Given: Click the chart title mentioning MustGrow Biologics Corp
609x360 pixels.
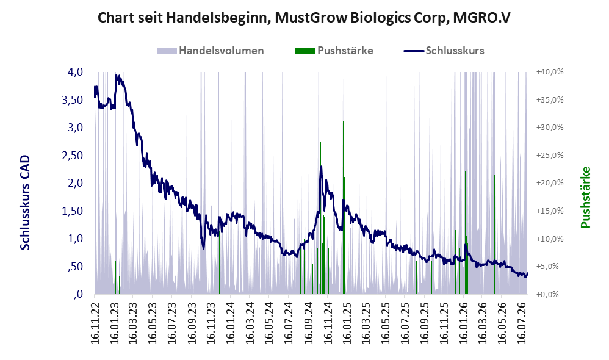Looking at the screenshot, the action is click(304, 18).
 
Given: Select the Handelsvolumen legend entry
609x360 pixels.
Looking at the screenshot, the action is click(211, 51).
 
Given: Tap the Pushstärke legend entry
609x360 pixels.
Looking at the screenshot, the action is click(334, 51).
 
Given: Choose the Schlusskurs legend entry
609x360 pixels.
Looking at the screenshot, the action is click(444, 51).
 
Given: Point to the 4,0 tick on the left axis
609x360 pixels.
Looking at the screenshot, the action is click(75, 72).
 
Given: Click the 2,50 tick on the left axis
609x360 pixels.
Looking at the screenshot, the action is click(73, 156).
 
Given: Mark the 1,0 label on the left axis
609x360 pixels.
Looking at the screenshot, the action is click(75, 239).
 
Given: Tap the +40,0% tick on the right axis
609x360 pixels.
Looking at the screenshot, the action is click(550, 72).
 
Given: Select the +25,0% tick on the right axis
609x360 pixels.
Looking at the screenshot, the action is click(550, 156).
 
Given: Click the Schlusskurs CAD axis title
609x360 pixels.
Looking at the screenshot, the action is click(25, 203).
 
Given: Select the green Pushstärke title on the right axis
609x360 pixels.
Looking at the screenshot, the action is click(585, 197).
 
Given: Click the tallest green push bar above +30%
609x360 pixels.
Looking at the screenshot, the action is click(344, 208).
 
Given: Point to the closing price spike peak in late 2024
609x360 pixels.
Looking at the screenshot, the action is click(321, 167).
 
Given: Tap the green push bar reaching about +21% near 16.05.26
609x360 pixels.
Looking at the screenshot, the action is click(494, 234).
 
